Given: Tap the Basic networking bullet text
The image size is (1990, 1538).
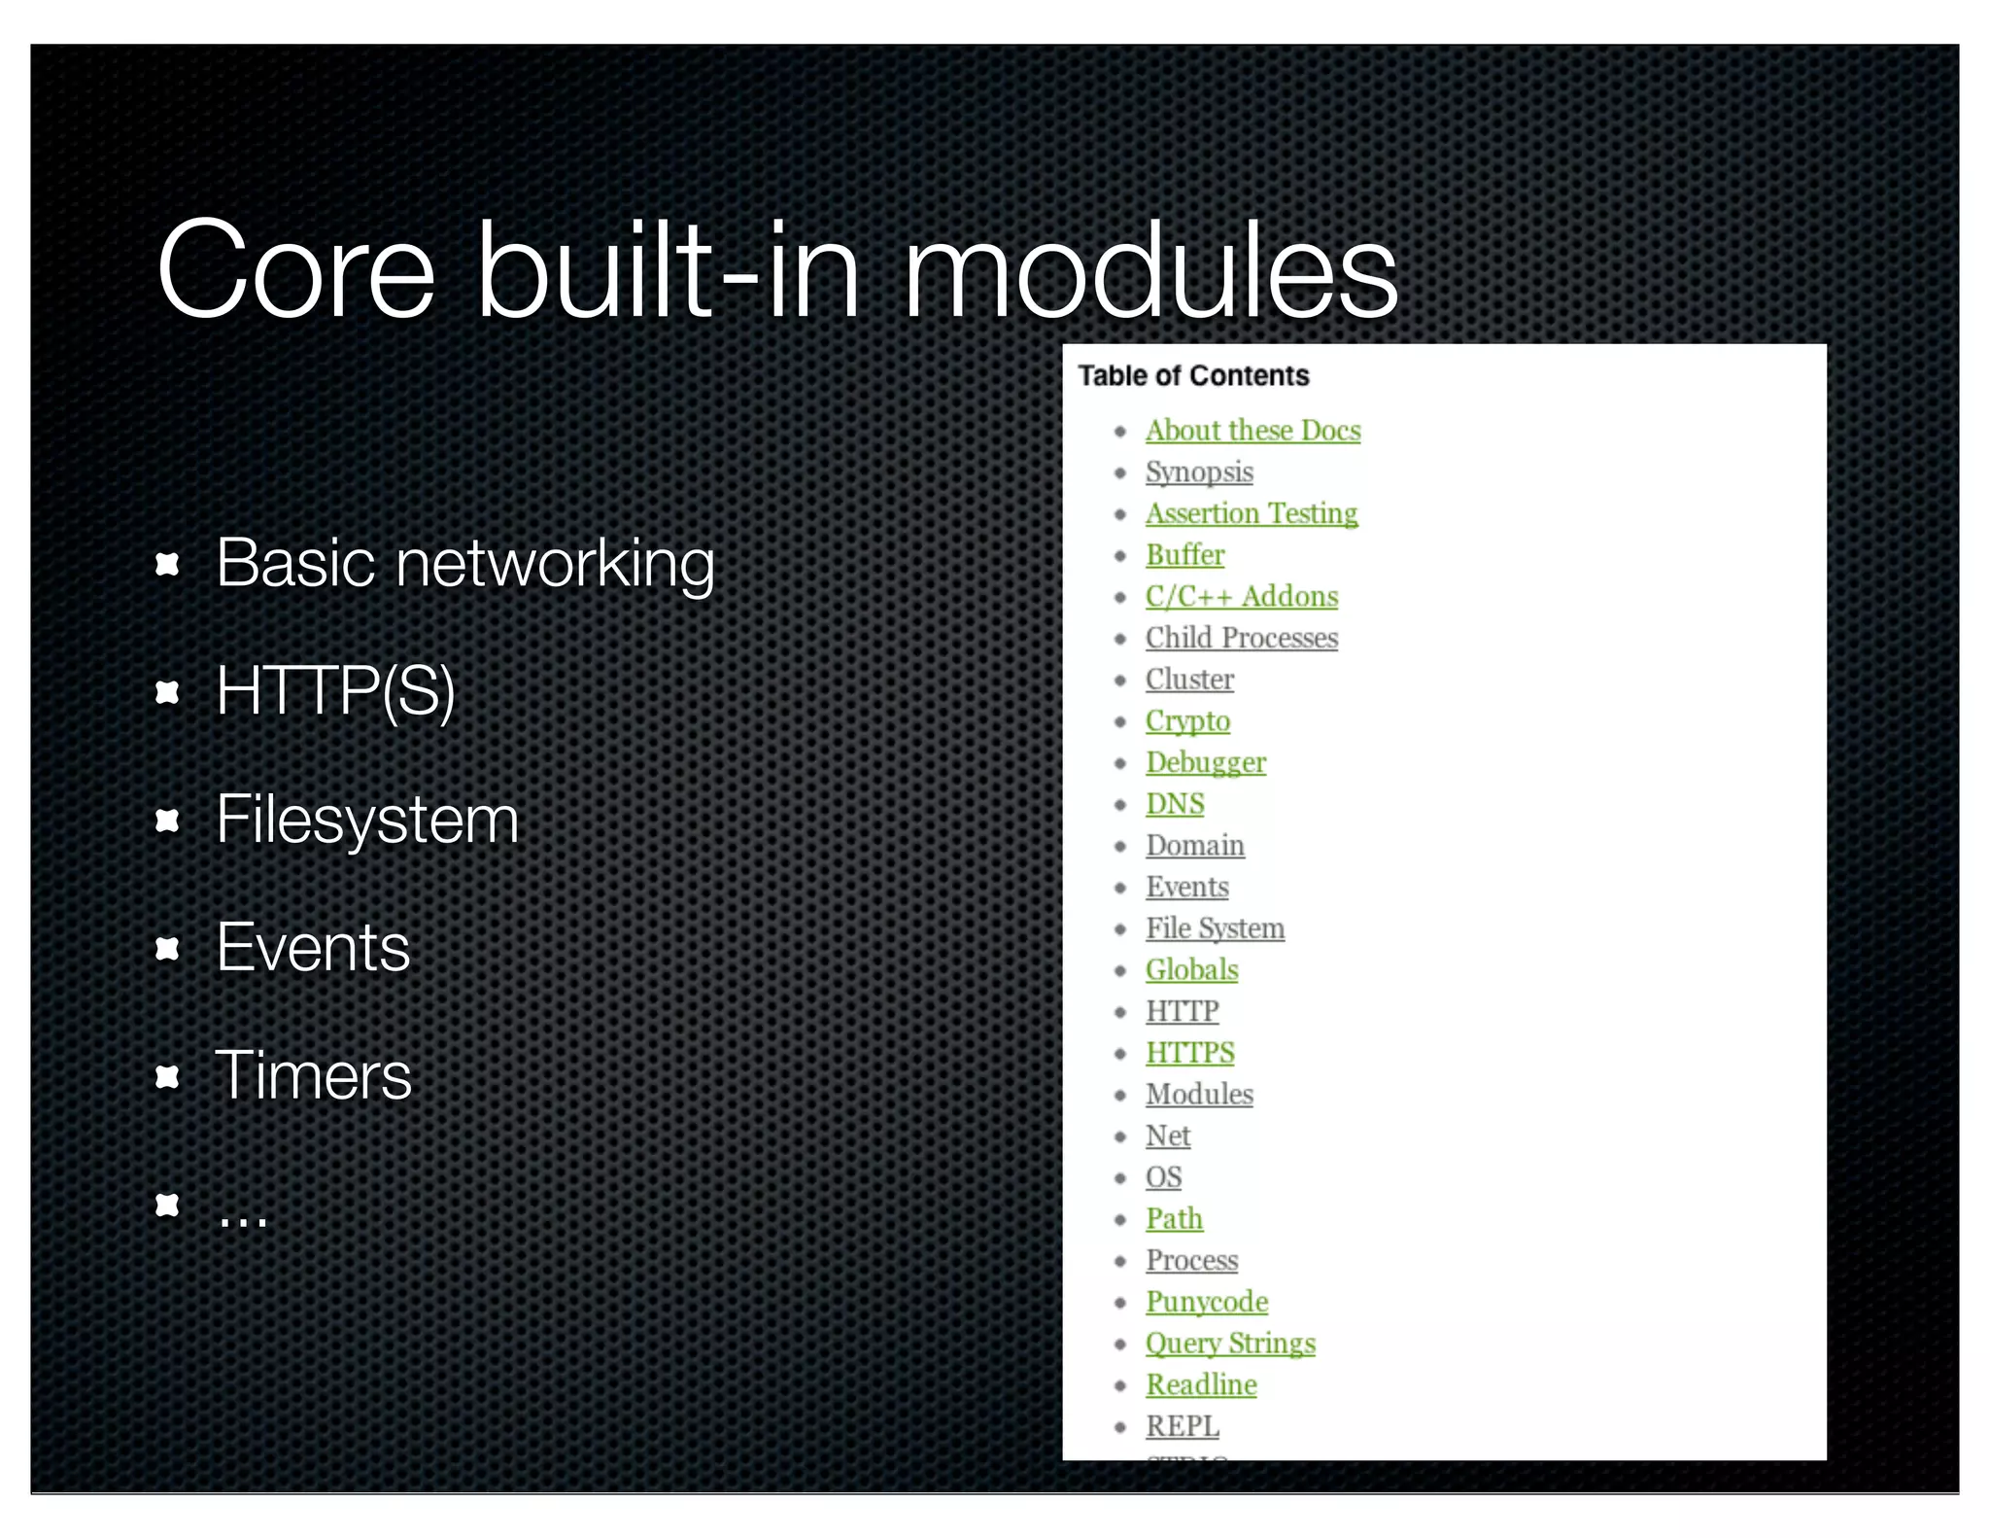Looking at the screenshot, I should click(x=464, y=564).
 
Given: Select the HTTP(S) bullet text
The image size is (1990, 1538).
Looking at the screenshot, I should click(x=335, y=691).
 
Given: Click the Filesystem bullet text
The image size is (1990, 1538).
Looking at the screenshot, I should click(x=367, y=820).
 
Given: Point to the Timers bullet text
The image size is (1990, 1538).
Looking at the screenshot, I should click(x=313, y=1076).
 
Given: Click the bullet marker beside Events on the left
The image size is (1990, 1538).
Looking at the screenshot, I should click(x=168, y=949).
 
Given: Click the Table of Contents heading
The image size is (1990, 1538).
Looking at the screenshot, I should click(x=1193, y=376).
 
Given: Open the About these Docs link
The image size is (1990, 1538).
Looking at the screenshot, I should click(x=1252, y=431).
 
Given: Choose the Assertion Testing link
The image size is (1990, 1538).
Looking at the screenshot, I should click(x=1252, y=513).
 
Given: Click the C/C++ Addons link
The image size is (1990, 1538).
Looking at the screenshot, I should click(x=1242, y=597).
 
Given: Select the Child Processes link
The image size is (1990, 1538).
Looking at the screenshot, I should click(x=1242, y=638).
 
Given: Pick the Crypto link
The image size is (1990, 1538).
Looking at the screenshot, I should click(x=1187, y=721).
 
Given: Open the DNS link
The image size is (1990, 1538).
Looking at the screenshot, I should click(x=1175, y=804).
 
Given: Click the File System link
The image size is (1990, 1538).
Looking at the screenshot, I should click(x=1215, y=928).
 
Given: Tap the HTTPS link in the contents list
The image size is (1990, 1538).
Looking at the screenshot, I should click(x=1190, y=1053).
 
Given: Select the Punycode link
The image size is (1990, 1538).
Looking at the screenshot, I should click(x=1207, y=1302).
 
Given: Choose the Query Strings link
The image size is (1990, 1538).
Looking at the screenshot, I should click(x=1230, y=1344).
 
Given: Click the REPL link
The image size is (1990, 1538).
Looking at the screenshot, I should click(x=1182, y=1426).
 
